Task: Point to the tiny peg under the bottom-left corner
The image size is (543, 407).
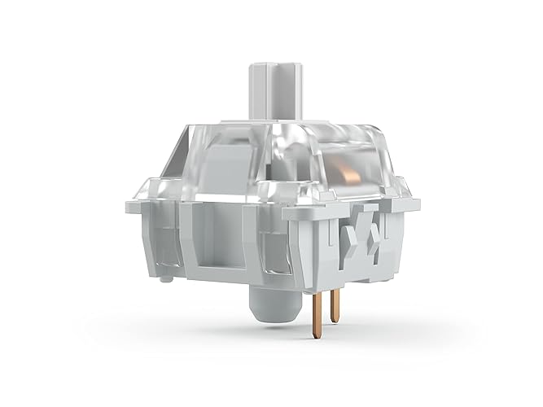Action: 166,278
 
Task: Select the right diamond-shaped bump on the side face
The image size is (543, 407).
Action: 375,236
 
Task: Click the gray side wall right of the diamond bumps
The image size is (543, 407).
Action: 399,240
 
